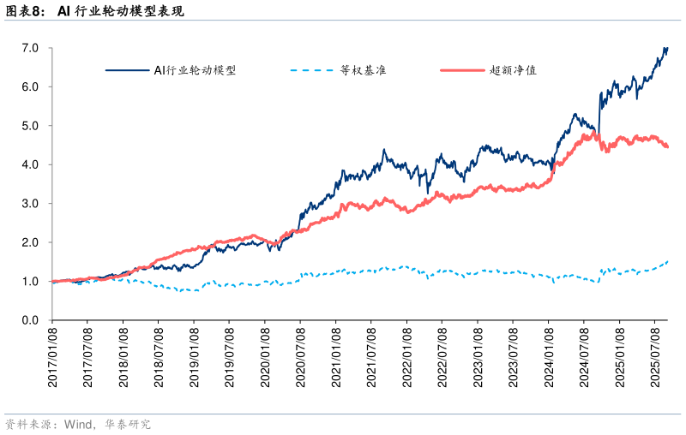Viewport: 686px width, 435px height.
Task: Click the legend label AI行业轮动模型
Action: (195, 70)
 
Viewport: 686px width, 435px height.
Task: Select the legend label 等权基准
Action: (363, 70)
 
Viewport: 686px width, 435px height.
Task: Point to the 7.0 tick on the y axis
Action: (31, 48)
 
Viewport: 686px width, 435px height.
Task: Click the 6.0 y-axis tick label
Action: (31, 87)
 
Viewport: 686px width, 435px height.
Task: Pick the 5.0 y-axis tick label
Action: (31, 126)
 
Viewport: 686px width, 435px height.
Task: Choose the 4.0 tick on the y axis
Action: (31, 164)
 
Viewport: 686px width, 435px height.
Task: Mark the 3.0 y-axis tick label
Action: (31, 204)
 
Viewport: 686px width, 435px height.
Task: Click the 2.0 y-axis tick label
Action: (31, 242)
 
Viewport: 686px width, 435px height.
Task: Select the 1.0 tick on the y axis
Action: (31, 282)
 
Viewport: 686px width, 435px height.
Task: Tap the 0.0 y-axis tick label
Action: (31, 320)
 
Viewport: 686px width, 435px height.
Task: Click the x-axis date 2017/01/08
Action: (53, 359)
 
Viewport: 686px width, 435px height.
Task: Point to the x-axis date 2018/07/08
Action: (159, 359)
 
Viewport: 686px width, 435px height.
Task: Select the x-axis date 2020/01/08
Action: (265, 359)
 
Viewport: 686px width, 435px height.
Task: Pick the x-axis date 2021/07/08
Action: (371, 359)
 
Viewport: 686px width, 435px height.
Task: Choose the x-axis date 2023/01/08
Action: (478, 359)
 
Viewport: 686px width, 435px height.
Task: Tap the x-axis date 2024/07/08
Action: (584, 359)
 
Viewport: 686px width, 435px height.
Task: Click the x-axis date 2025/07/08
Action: (654, 359)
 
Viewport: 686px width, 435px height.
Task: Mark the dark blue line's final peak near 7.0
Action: (665, 49)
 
